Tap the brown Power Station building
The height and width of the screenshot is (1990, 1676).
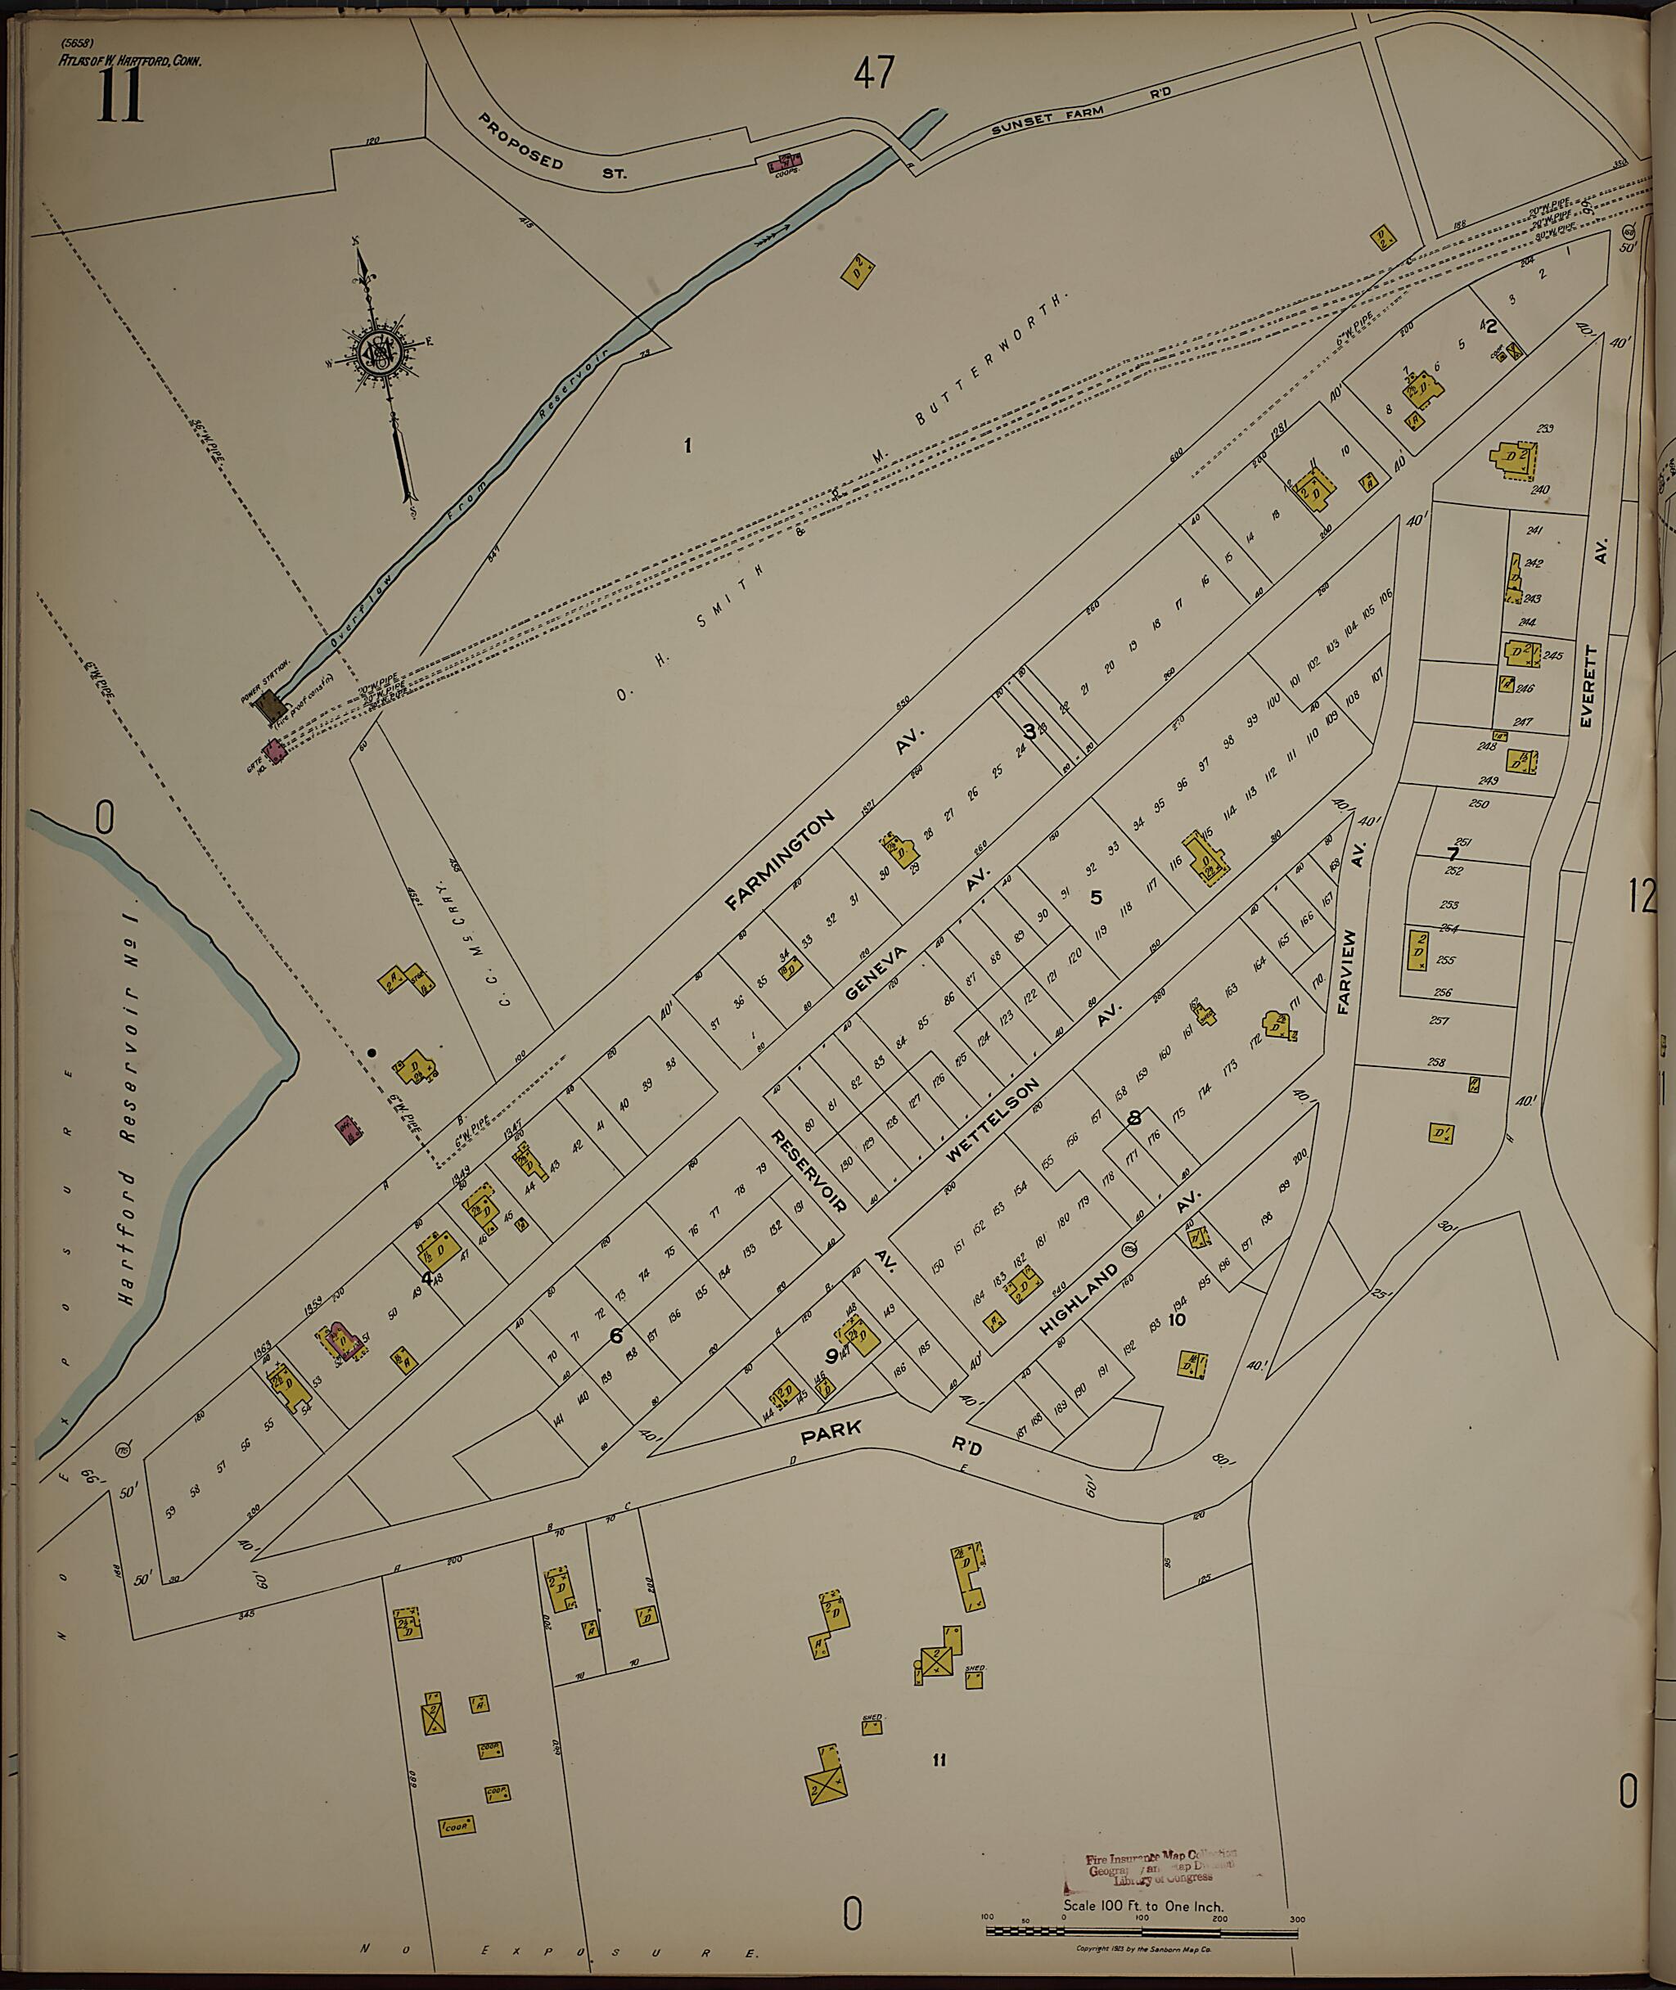pos(276,704)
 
